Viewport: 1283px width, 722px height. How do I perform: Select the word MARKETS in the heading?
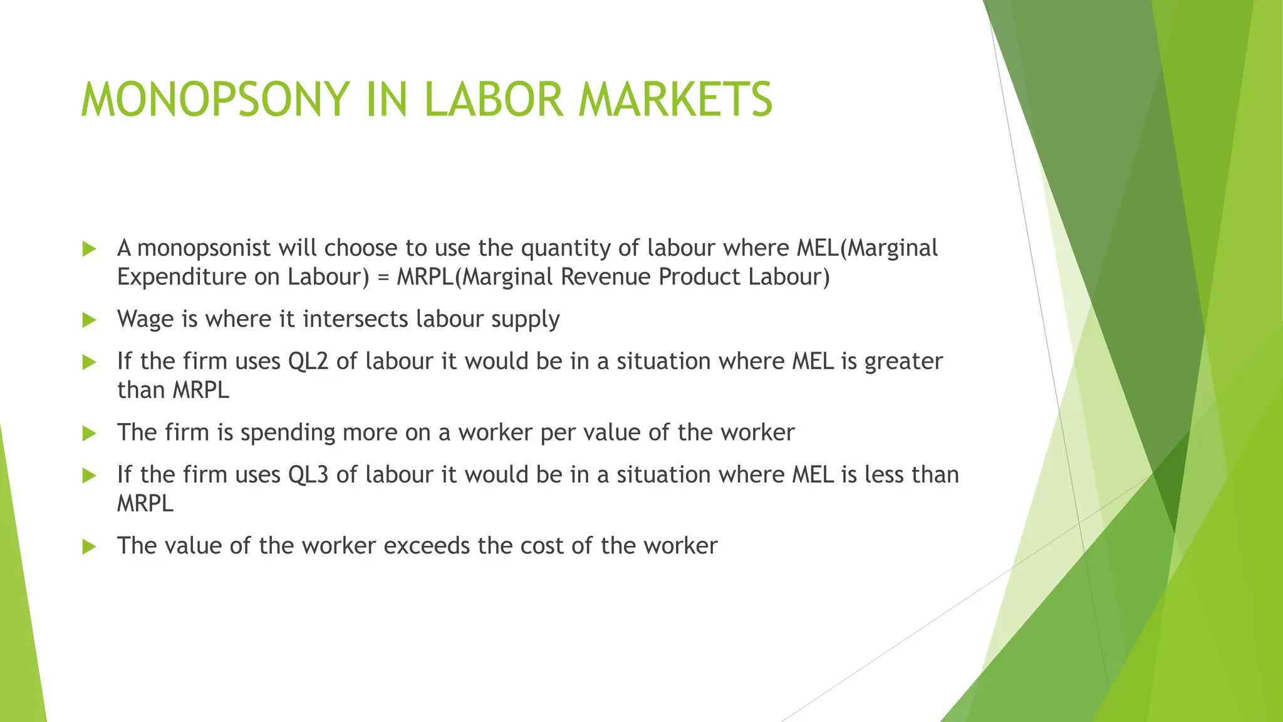coord(675,100)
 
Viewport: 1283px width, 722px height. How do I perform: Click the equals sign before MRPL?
coord(383,277)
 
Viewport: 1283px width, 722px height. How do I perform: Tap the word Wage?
coord(145,320)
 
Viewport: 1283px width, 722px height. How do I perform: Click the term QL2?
coord(308,362)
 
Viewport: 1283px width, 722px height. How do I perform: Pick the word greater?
coord(903,362)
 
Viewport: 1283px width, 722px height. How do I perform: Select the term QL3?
coord(308,475)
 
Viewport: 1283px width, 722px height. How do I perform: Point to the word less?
coord(884,475)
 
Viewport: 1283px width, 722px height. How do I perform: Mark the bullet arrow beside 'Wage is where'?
coord(89,320)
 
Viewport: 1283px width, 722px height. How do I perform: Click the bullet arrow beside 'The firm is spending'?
coord(89,433)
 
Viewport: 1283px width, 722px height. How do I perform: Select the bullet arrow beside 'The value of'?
coord(89,547)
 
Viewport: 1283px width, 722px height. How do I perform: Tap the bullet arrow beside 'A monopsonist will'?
coord(89,249)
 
